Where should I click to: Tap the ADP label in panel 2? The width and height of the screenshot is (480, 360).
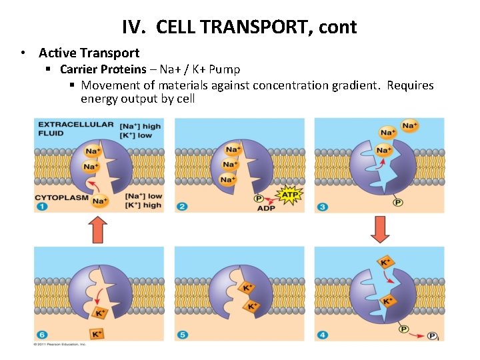coord(265,208)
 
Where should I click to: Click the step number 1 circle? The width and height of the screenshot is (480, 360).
coord(42,207)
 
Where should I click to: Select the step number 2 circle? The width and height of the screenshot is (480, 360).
coord(182,207)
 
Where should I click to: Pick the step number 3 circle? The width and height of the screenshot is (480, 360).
coord(322,207)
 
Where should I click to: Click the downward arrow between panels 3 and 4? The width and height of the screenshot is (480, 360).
coord(379,229)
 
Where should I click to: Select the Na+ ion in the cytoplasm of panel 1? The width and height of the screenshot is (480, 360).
coord(100,201)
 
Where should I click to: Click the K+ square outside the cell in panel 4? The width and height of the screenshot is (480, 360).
coord(385,262)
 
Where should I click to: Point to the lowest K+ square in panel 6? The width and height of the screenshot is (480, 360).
coord(97,333)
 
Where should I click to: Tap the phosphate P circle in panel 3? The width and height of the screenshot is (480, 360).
coord(398,203)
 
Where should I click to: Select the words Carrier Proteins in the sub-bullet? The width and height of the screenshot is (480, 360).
coord(103,69)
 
